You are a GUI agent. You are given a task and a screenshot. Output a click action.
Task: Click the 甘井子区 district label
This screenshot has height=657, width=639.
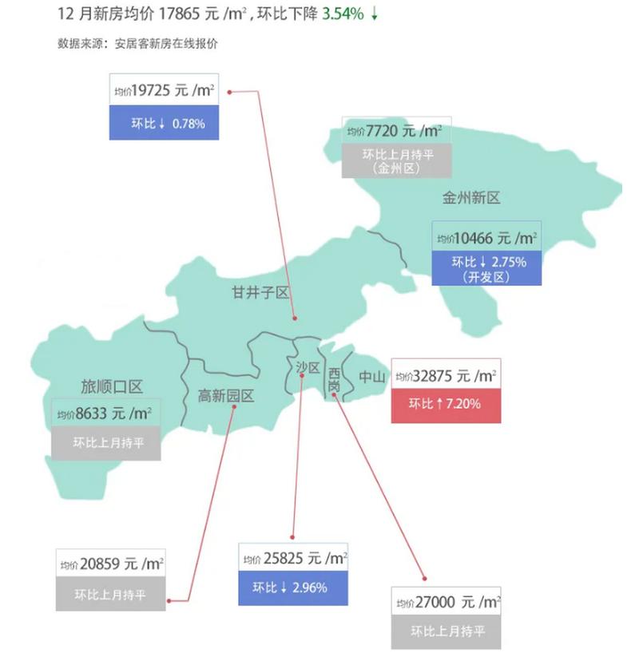tap(260, 292)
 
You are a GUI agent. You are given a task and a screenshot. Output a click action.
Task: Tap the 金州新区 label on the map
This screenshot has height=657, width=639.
tap(471, 197)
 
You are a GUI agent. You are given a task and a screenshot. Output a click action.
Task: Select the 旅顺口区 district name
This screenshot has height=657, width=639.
tap(112, 387)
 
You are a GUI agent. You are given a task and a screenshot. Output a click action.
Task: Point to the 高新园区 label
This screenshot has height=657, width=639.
tap(226, 395)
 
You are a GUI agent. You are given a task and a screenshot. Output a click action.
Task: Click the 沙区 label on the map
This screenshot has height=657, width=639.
tap(308, 368)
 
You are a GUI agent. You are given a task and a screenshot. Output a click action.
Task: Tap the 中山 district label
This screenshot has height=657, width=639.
tap(372, 377)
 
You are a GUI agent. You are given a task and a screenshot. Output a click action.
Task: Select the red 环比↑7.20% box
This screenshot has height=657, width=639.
tap(446, 405)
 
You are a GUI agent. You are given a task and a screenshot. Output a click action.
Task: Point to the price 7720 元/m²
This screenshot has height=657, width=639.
tap(397, 130)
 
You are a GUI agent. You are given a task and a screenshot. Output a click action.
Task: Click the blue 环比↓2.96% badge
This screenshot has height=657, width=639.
tap(293, 588)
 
